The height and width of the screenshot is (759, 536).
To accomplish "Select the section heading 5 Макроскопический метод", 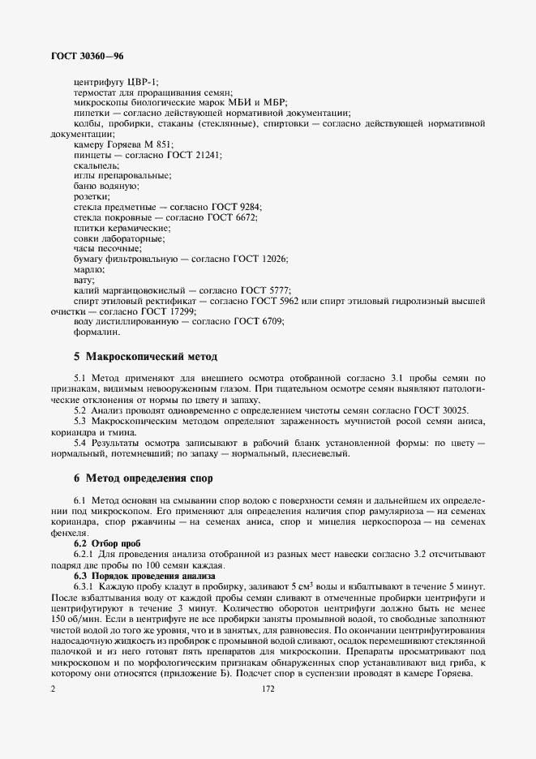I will [146, 357].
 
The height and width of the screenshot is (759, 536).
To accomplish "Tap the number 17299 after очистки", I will [178, 311].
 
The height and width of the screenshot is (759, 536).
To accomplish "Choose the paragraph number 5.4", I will [80, 443].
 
